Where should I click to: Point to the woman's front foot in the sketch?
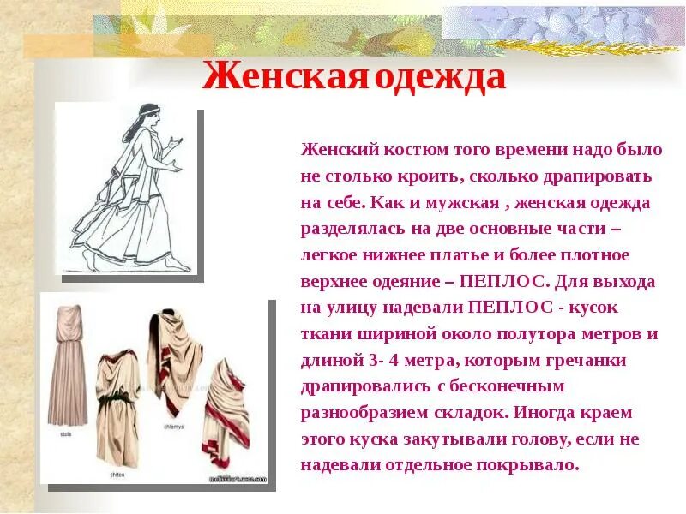coord(175,266)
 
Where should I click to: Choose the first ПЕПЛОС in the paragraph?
coord(508,281)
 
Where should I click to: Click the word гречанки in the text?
coord(608,360)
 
